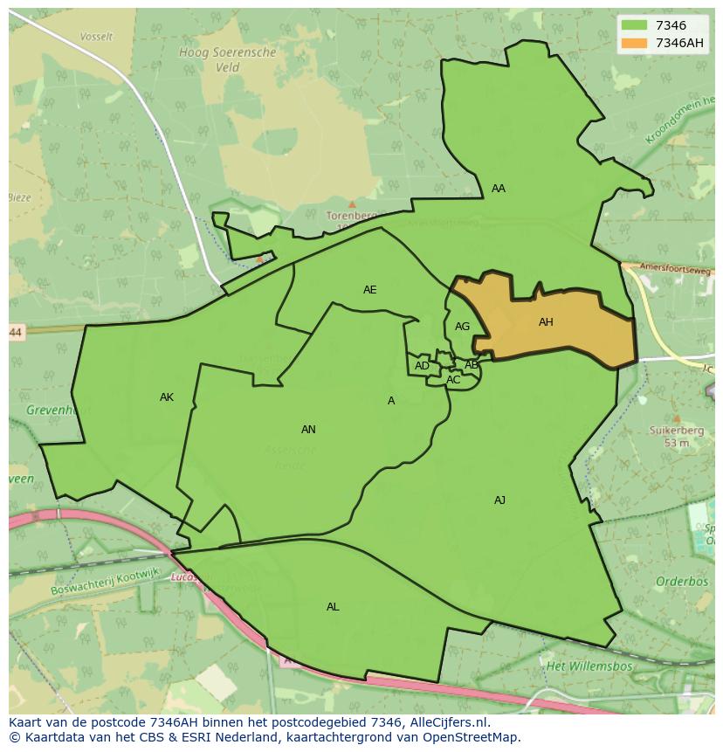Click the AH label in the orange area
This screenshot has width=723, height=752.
click(546, 322)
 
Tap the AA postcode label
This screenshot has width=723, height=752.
click(499, 189)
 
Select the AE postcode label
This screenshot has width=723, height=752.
click(370, 290)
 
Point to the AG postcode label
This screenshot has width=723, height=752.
click(463, 327)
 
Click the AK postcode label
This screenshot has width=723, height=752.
click(167, 397)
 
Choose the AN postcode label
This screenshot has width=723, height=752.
click(308, 430)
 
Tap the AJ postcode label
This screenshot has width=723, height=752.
click(499, 500)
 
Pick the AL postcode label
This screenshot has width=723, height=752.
click(333, 607)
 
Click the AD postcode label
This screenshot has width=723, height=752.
click(422, 366)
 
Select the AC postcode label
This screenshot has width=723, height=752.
click(453, 380)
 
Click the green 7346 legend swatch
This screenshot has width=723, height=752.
click(635, 25)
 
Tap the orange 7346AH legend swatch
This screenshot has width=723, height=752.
click(635, 43)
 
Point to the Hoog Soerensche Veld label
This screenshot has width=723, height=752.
click(227, 59)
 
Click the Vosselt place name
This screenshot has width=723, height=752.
click(96, 37)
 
